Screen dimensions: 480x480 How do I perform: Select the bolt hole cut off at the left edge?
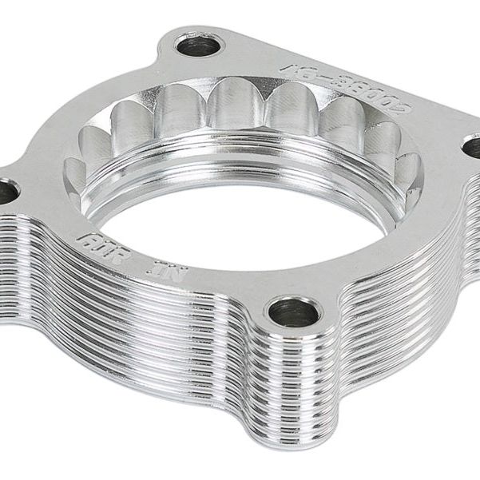click(6, 191)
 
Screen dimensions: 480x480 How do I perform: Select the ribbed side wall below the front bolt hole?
click(296, 375)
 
